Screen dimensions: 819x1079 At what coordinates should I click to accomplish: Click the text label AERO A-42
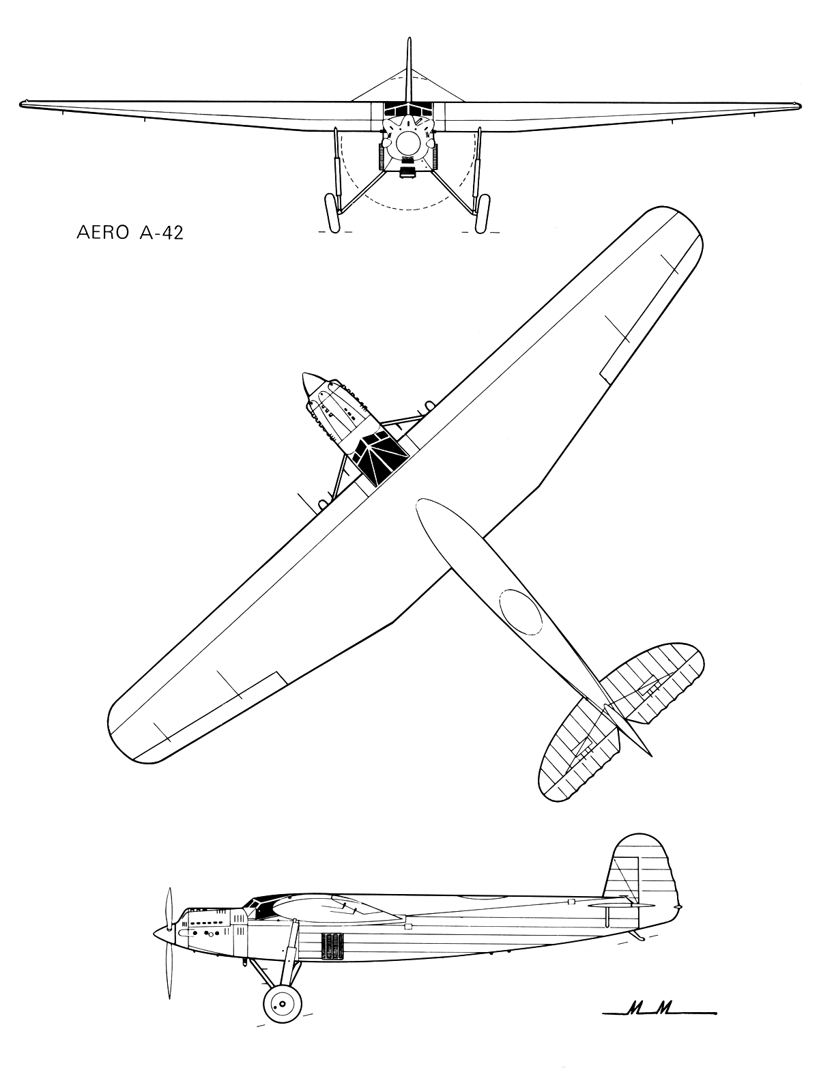[130, 233]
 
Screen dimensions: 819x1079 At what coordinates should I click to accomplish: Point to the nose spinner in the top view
[310, 383]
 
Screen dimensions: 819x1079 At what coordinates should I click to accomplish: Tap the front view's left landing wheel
[333, 213]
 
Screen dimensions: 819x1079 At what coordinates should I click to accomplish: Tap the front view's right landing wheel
[483, 213]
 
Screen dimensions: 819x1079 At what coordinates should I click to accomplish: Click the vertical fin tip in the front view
[408, 40]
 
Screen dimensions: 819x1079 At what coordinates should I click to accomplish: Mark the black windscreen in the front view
[408, 109]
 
